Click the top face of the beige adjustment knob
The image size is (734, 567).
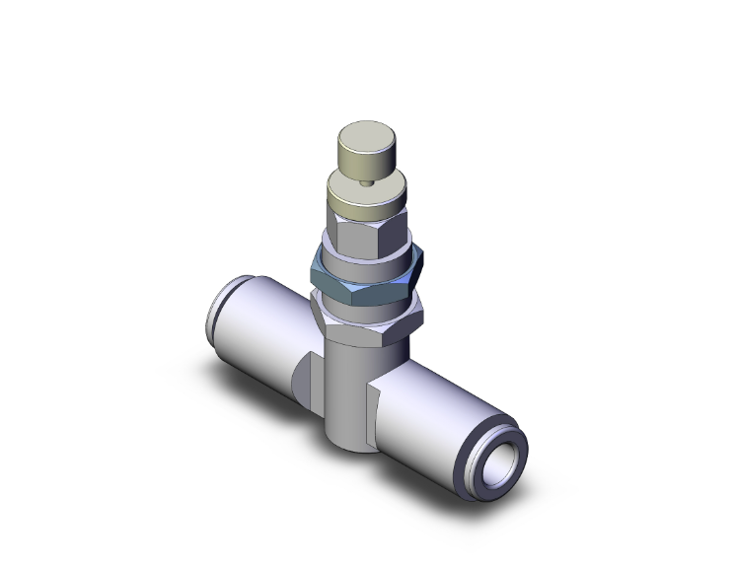pyautogui.click(x=367, y=135)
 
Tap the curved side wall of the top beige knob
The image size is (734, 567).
pyautogui.click(x=367, y=160)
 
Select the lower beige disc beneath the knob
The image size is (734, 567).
pyautogui.click(x=367, y=203)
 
